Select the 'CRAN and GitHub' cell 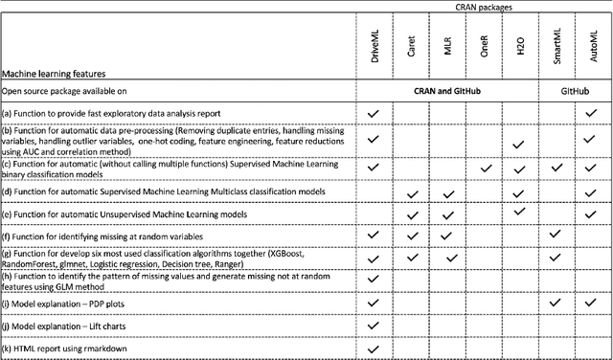click(x=446, y=92)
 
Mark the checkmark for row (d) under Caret click(x=412, y=194)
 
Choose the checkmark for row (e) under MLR click(x=447, y=214)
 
